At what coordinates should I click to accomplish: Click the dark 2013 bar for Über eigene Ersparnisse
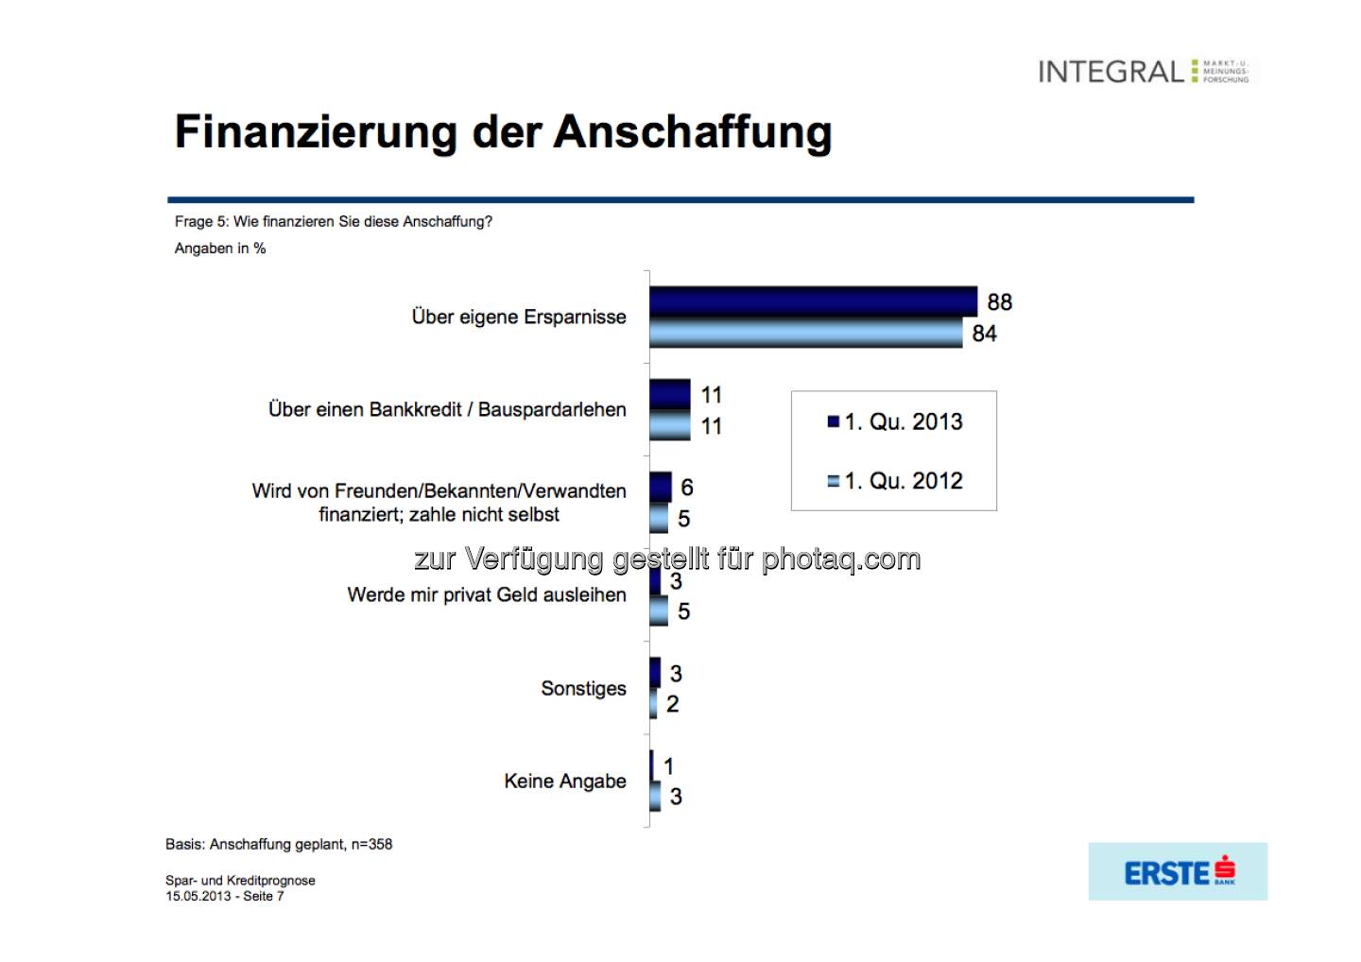click(x=813, y=301)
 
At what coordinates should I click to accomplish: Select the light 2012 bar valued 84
click(x=805, y=333)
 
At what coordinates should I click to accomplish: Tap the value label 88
click(x=999, y=302)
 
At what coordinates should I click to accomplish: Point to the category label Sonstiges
click(x=583, y=689)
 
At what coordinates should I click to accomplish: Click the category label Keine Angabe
click(x=565, y=782)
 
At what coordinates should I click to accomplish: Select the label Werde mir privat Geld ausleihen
click(x=487, y=595)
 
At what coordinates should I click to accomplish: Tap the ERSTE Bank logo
click(x=1179, y=872)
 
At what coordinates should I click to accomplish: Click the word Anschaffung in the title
click(x=693, y=132)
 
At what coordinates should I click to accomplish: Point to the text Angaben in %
click(x=220, y=249)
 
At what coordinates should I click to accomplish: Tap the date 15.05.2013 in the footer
click(x=198, y=897)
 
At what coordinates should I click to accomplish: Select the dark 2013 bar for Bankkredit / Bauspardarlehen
click(x=670, y=394)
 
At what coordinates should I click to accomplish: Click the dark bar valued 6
click(x=661, y=487)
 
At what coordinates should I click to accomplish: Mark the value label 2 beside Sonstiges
click(x=673, y=704)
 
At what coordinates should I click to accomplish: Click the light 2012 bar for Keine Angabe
click(x=655, y=797)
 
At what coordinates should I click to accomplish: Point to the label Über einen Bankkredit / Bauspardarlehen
click(x=447, y=410)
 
